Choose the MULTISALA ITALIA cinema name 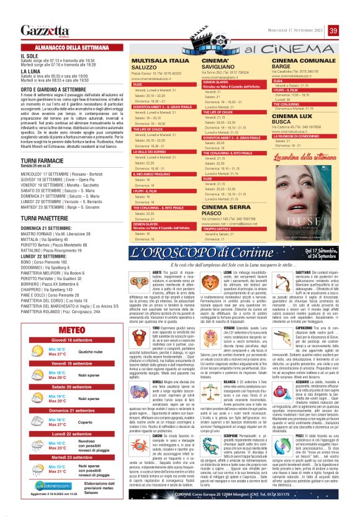coord(158,61)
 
